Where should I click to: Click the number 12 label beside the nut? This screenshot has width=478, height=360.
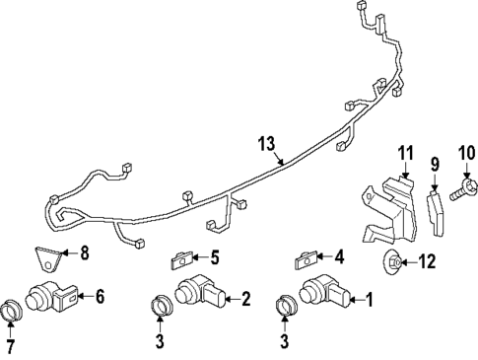(427, 261)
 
